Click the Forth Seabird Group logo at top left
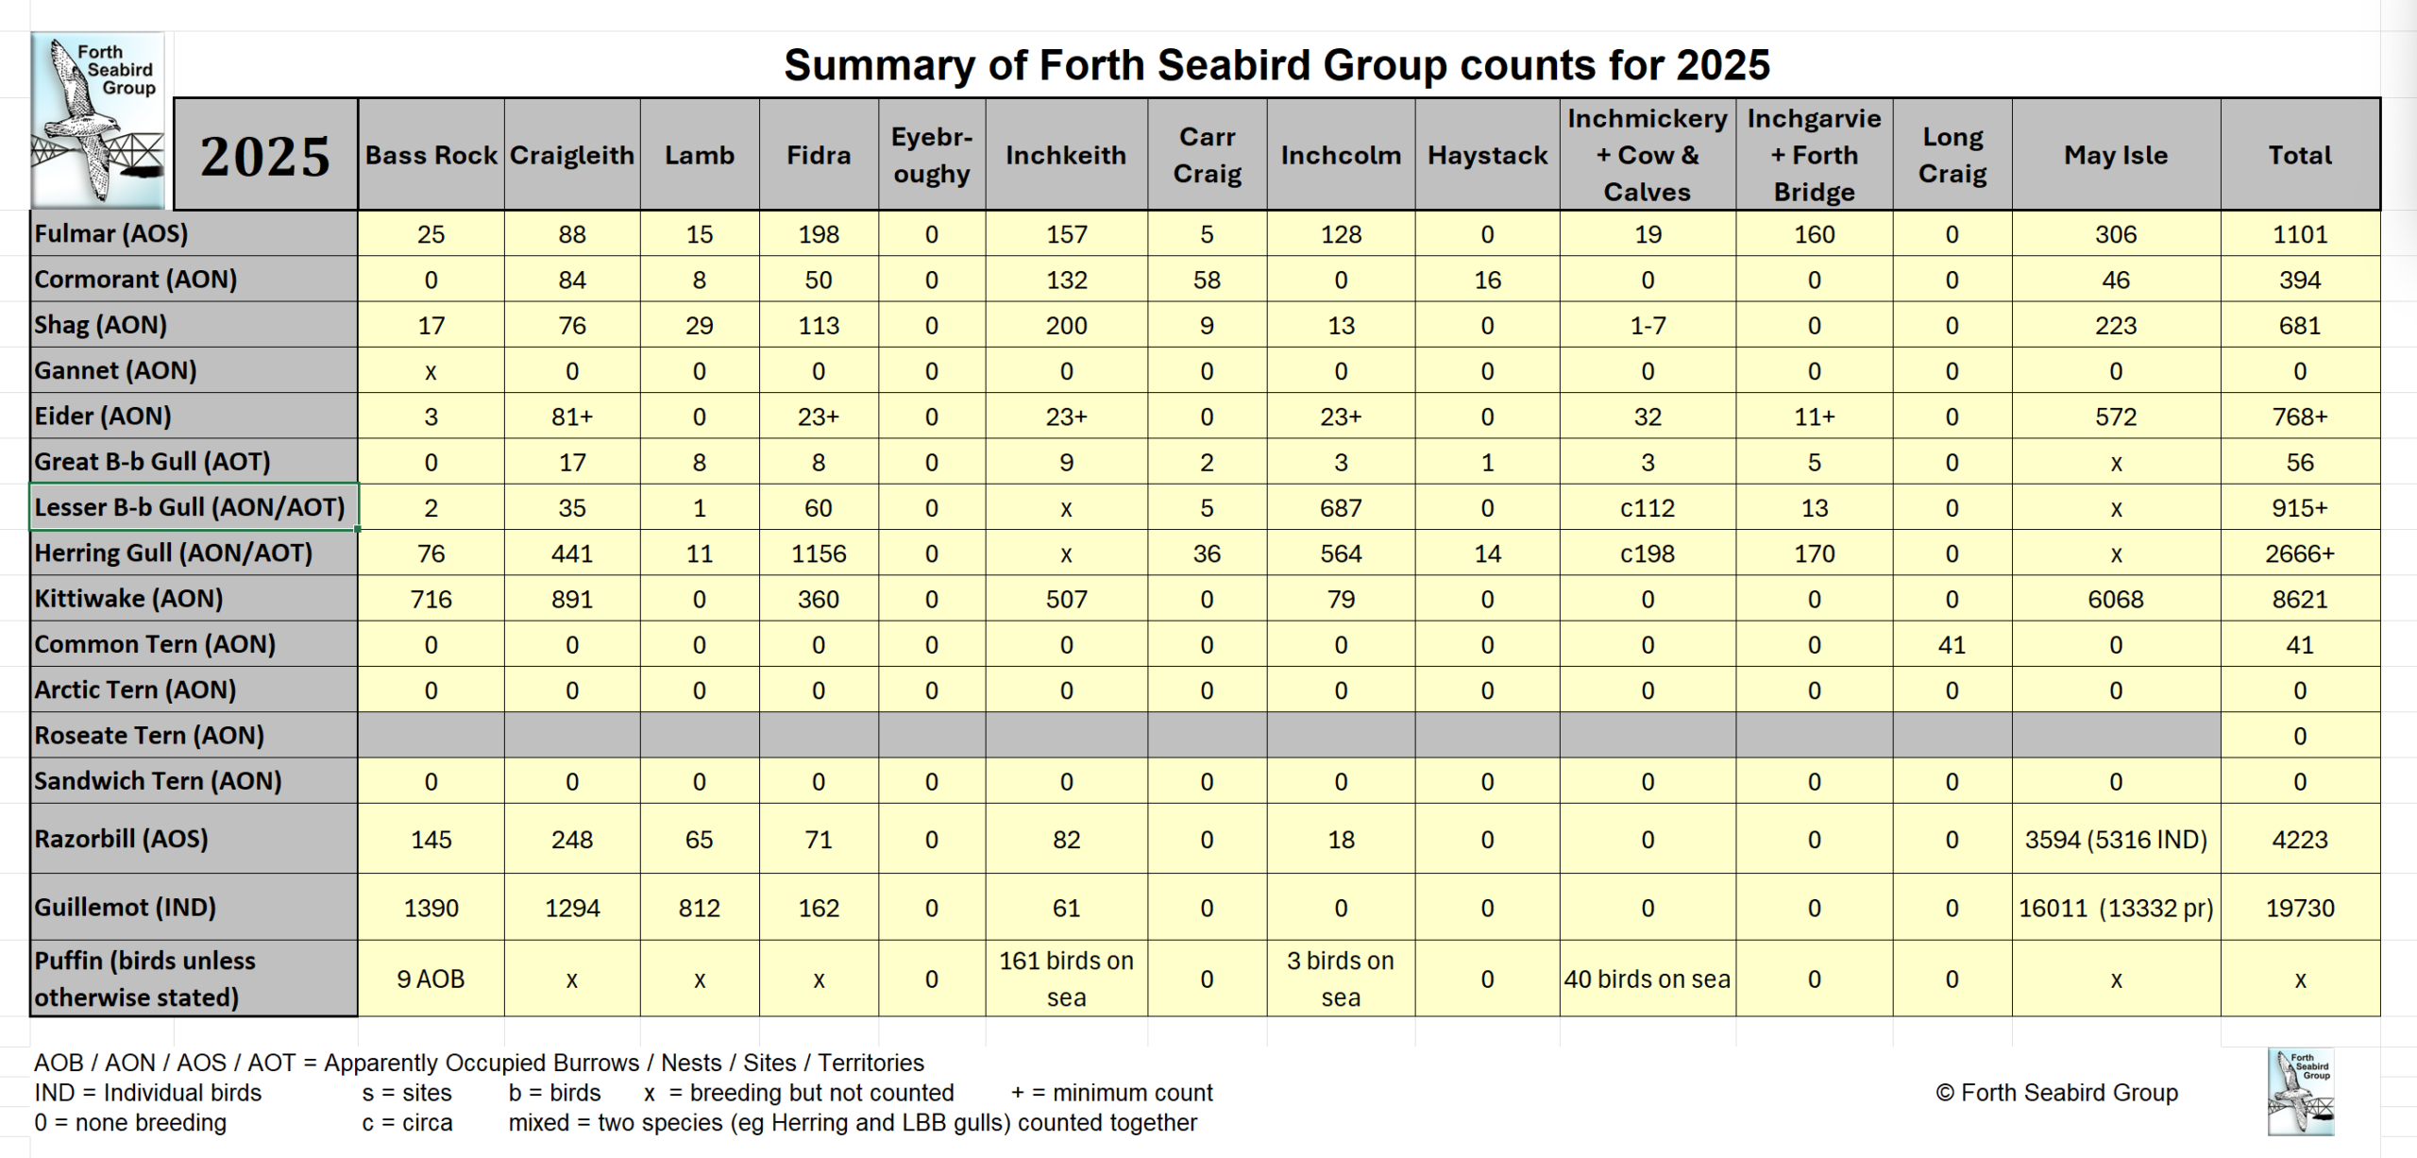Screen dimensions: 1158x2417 click(x=97, y=120)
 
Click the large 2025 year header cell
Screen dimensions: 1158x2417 click(x=265, y=156)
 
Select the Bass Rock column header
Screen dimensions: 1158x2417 click(x=431, y=156)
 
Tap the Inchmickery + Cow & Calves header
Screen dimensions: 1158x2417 click(x=1647, y=155)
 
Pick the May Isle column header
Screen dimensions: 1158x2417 click(x=2115, y=156)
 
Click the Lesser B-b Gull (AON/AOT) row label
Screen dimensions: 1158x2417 click(x=190, y=507)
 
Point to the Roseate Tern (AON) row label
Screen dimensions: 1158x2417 click(x=149, y=735)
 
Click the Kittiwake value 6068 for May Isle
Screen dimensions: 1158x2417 click(x=2115, y=599)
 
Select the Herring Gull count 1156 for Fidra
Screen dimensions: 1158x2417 click(x=818, y=553)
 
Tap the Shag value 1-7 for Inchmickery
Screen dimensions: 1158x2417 click(x=1647, y=326)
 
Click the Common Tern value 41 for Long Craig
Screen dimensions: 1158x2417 click(x=1952, y=645)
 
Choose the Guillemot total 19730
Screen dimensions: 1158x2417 click(x=2299, y=908)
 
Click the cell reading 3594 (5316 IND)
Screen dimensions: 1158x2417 click(x=2115, y=840)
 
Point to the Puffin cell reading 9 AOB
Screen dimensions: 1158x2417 click(x=431, y=979)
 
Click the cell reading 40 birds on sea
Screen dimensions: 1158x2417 click(x=1647, y=979)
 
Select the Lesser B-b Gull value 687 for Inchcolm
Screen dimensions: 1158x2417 click(x=1340, y=508)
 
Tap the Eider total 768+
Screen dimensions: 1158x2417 click(x=2299, y=417)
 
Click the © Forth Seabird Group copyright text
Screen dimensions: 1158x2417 click(x=2056, y=1093)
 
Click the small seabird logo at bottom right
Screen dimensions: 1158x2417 click(x=2300, y=1091)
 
